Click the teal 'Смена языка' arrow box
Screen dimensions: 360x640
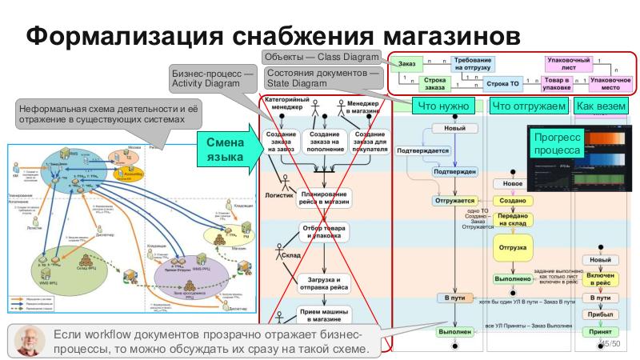pyautogui.click(x=224, y=149)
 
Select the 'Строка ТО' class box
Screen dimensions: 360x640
pyautogui.click(x=503, y=83)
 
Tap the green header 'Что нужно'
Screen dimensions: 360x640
pyautogui.click(x=442, y=106)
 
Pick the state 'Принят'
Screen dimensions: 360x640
pyautogui.click(x=600, y=330)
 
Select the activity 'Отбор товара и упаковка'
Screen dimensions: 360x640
pyautogui.click(x=323, y=232)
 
